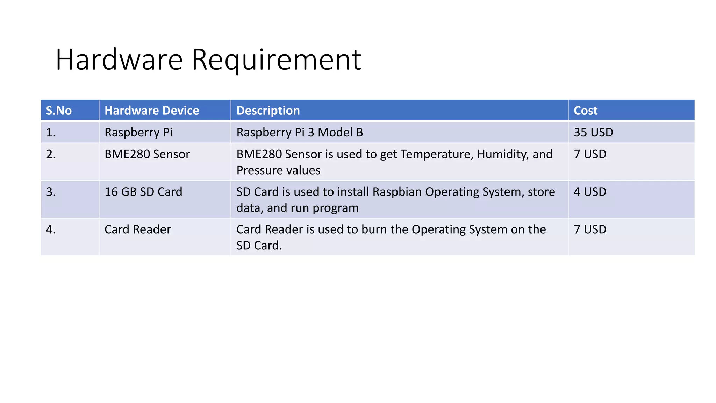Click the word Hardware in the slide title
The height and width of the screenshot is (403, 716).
[119, 60]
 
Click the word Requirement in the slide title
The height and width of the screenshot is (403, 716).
[276, 60]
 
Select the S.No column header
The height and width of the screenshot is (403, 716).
[59, 111]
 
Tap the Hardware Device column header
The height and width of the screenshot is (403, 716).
[152, 111]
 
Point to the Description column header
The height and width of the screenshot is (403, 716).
[268, 111]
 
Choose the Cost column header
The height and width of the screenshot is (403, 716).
[586, 111]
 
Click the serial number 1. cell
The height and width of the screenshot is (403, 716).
[51, 133]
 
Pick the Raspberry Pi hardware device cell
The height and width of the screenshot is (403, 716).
[138, 133]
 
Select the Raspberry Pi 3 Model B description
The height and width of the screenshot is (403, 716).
[300, 133]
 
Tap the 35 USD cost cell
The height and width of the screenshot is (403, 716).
[593, 133]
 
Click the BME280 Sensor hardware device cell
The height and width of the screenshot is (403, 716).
[147, 154]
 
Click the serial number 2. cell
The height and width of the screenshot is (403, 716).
[51, 154]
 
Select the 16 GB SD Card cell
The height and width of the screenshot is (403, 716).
[143, 192]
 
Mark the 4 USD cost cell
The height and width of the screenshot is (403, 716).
[590, 192]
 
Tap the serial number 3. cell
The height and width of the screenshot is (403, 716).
[51, 192]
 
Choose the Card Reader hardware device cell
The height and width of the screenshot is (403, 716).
[138, 229]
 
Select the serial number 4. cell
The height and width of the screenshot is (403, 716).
[51, 229]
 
